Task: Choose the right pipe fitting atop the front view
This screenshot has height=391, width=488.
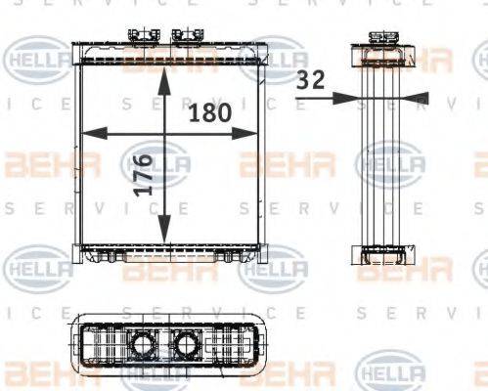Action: [183, 37]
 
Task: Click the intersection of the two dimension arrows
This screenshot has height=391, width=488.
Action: [168, 133]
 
